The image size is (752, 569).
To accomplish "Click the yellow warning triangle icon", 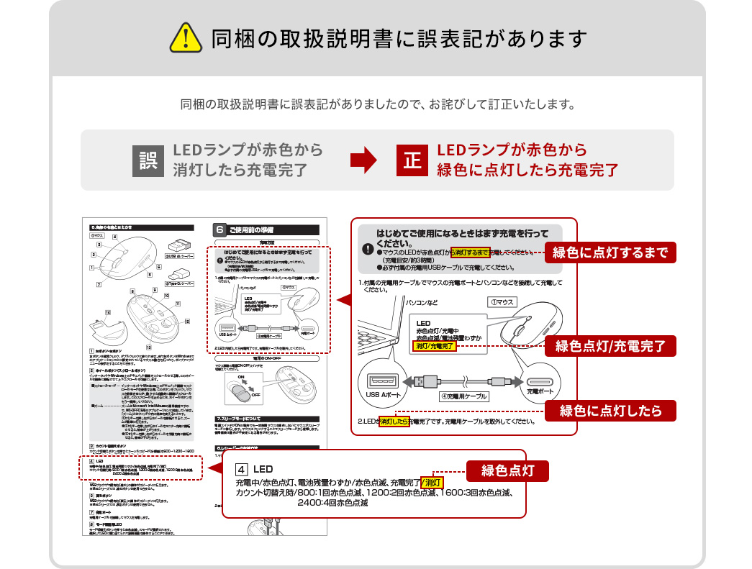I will [x=185, y=37].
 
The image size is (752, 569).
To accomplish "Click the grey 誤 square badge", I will [x=148, y=160].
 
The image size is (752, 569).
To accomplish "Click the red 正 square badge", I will [x=412, y=160].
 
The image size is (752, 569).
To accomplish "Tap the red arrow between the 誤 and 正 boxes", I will [x=368, y=160].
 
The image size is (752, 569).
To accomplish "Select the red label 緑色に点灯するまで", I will [x=610, y=252].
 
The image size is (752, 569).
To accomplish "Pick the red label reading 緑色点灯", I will [x=508, y=471].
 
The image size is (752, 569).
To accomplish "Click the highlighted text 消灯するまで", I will [x=469, y=252].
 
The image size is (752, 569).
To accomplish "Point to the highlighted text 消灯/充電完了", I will [x=436, y=346].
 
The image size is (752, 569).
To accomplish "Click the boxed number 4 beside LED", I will [x=242, y=469].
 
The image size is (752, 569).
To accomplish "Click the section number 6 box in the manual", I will [x=221, y=230].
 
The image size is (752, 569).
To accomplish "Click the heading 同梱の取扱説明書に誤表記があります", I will [x=399, y=38].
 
